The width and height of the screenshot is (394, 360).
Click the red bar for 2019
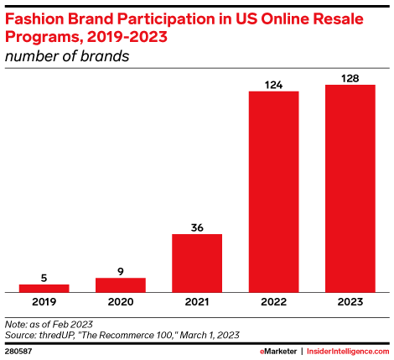click(44, 288)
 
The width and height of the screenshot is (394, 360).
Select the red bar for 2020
click(121, 284)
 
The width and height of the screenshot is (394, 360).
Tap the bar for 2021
click(197, 263)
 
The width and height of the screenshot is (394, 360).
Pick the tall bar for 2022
click(273, 191)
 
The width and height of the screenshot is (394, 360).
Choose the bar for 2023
click(350, 188)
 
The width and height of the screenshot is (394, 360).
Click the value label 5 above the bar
click(44, 277)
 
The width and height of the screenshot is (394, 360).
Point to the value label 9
click(121, 271)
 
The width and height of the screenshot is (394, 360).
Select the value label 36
click(197, 227)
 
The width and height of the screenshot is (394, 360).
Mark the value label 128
click(350, 77)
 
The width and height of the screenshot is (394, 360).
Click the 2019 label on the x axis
click(44, 301)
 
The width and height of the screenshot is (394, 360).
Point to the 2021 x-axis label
click(197, 301)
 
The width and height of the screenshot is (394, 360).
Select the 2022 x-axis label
click(273, 301)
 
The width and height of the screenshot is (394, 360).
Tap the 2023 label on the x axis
click(350, 301)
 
